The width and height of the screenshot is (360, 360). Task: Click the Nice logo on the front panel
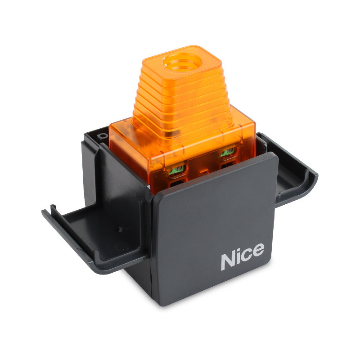pyautogui.click(x=242, y=259)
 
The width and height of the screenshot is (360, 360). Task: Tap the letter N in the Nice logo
pyautogui.click(x=228, y=261)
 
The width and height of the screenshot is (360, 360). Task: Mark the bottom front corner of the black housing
pyautogui.click(x=157, y=304)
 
